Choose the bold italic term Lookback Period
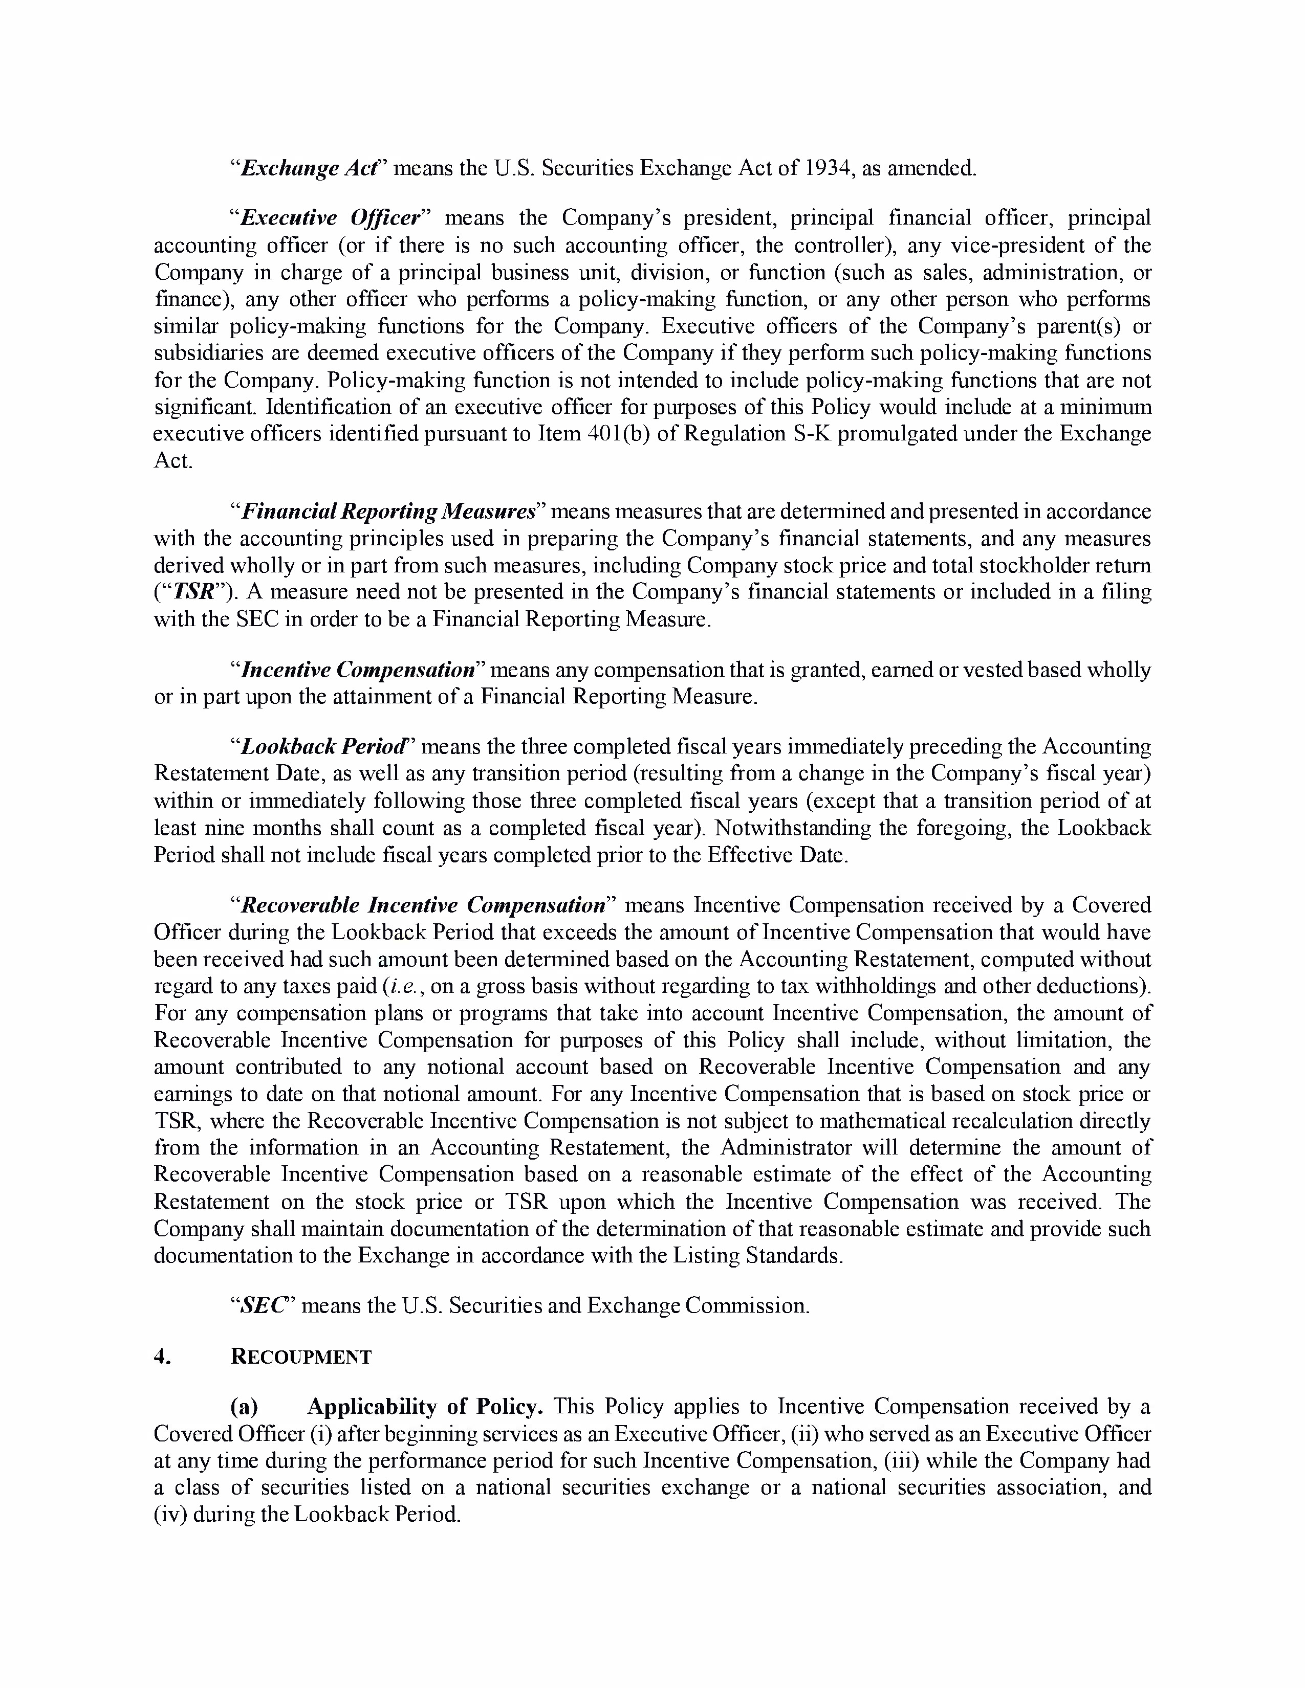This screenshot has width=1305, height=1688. [x=322, y=747]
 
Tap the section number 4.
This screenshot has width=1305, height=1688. [x=161, y=1357]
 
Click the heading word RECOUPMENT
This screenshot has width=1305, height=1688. [x=301, y=1357]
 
